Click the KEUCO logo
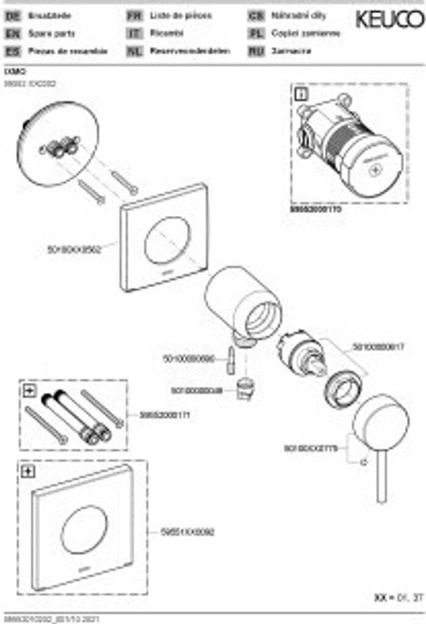point(389,19)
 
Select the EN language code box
point(12,34)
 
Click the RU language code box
point(256,52)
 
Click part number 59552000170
point(316,208)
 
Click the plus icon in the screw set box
point(28,391)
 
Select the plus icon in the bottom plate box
point(28,470)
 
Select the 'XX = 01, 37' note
point(399,598)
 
